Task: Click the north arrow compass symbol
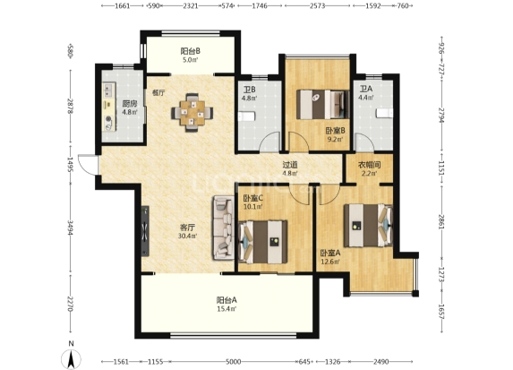pyautogui.click(x=71, y=358)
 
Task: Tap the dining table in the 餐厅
pyautogui.click(x=192, y=113)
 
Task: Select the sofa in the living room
pyautogui.click(x=223, y=228)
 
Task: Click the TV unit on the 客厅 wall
pyautogui.click(x=145, y=231)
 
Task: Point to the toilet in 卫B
pyautogui.click(x=246, y=116)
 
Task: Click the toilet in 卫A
pyautogui.click(x=384, y=113)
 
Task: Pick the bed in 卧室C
pyautogui.click(x=263, y=242)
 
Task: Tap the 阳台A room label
pyautogui.click(x=227, y=300)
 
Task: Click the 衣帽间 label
pyautogui.click(x=370, y=166)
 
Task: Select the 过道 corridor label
pyautogui.click(x=290, y=165)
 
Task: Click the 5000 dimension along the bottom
pyautogui.click(x=234, y=361)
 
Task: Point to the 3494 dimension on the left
pyautogui.click(x=71, y=228)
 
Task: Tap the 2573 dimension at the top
pyautogui.click(x=317, y=5)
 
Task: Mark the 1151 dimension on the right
pyautogui.click(x=441, y=167)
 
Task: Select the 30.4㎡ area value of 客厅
pyautogui.click(x=187, y=236)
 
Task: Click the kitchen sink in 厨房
pyautogui.click(x=108, y=90)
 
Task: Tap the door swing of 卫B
pyautogui.click(x=270, y=142)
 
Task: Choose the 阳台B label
pyautogui.click(x=190, y=51)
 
